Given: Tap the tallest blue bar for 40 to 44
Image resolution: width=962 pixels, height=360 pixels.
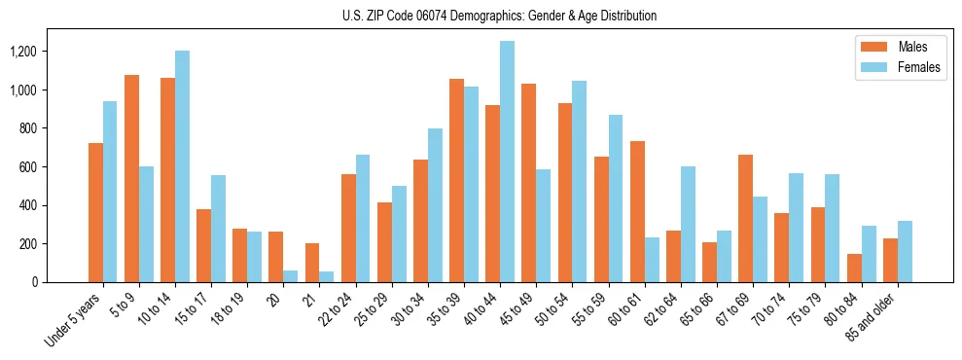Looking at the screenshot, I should [507, 162].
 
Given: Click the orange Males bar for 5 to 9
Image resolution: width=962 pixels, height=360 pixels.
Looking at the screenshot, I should [131, 179].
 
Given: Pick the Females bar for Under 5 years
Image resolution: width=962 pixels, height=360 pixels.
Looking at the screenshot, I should [110, 192].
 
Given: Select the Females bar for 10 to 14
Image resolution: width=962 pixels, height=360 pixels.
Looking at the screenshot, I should [182, 166].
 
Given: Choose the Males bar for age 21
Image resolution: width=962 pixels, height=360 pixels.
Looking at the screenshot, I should [312, 263].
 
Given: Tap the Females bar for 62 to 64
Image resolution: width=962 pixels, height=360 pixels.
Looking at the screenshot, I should [688, 225].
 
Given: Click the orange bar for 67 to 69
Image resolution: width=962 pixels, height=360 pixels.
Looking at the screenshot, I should [745, 219].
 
